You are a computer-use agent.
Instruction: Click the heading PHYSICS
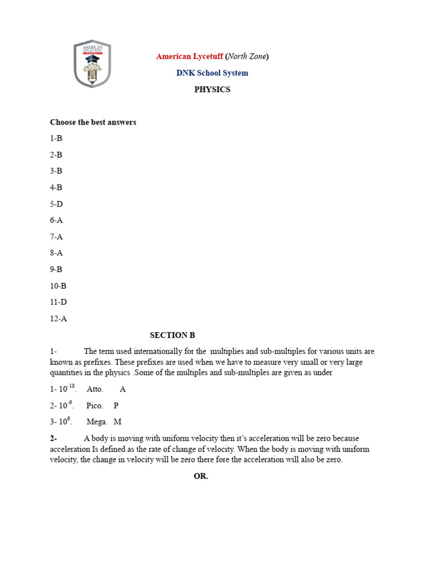pyautogui.click(x=212, y=90)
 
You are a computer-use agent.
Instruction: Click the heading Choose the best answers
pyautogui.click(x=93, y=122)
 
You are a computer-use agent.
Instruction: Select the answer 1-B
pyautogui.click(x=56, y=138)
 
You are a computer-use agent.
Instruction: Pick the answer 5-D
pyautogui.click(x=56, y=204)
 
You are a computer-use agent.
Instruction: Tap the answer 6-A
pyautogui.click(x=56, y=220)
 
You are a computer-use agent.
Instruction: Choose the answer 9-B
pyautogui.click(x=56, y=269)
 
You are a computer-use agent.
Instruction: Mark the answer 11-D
pyautogui.click(x=58, y=302)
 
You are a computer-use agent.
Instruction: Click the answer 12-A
pyautogui.click(x=58, y=318)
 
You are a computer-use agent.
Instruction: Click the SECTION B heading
pyautogui.click(x=172, y=335)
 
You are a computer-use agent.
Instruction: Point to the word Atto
pyautogui.click(x=95, y=389)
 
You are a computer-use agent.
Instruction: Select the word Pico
pyautogui.click(x=95, y=405)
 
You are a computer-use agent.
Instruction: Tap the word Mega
pyautogui.click(x=97, y=422)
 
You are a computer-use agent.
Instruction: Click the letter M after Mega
pyautogui.click(x=117, y=422)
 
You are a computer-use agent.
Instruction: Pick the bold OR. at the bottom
pyautogui.click(x=201, y=476)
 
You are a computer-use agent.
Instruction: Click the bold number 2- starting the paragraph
pyautogui.click(x=53, y=439)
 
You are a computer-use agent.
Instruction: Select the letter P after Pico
pyautogui.click(x=116, y=405)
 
